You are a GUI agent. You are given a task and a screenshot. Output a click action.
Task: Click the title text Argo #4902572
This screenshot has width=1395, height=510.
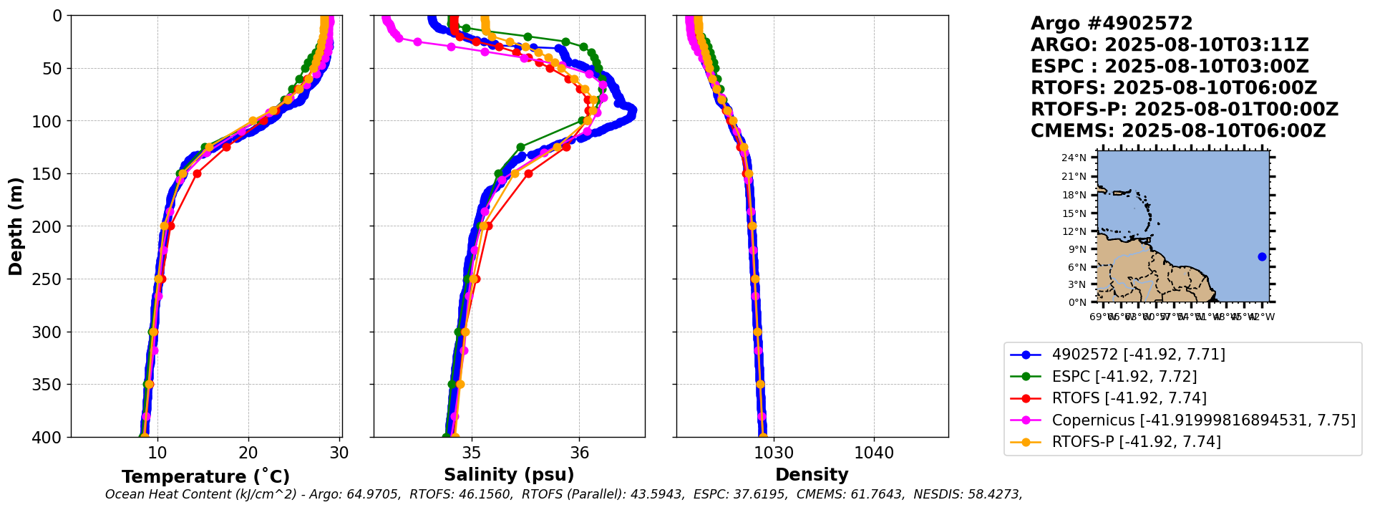point(1112,24)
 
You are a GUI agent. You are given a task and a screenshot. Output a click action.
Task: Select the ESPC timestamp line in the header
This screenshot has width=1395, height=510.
point(1170,67)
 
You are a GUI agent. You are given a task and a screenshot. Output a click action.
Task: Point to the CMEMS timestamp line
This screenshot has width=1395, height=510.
point(1178,131)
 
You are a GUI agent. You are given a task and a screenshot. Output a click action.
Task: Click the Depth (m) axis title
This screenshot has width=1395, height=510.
point(16,226)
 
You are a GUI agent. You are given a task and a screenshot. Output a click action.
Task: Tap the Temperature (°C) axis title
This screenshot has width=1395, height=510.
point(205,476)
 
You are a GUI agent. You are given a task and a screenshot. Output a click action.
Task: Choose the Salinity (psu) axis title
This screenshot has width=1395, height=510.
point(509,475)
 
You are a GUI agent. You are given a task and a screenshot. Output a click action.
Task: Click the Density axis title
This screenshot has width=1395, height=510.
point(812,475)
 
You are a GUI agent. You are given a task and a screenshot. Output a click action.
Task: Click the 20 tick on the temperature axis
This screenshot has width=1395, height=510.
point(248,453)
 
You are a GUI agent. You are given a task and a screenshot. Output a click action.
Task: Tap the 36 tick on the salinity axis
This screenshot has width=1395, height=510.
point(580,453)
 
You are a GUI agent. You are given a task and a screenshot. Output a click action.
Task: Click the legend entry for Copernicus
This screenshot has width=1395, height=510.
point(1203,420)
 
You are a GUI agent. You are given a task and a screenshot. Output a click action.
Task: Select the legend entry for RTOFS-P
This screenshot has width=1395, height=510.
point(1136,442)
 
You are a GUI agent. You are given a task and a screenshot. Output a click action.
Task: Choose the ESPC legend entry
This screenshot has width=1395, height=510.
point(1124,377)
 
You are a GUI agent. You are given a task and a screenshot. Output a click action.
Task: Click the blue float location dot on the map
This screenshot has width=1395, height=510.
point(1262,256)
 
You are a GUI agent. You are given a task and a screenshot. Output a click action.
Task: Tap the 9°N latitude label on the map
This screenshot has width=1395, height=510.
point(1077,249)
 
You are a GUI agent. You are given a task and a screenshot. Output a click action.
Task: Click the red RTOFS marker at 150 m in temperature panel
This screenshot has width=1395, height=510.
point(197,173)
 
